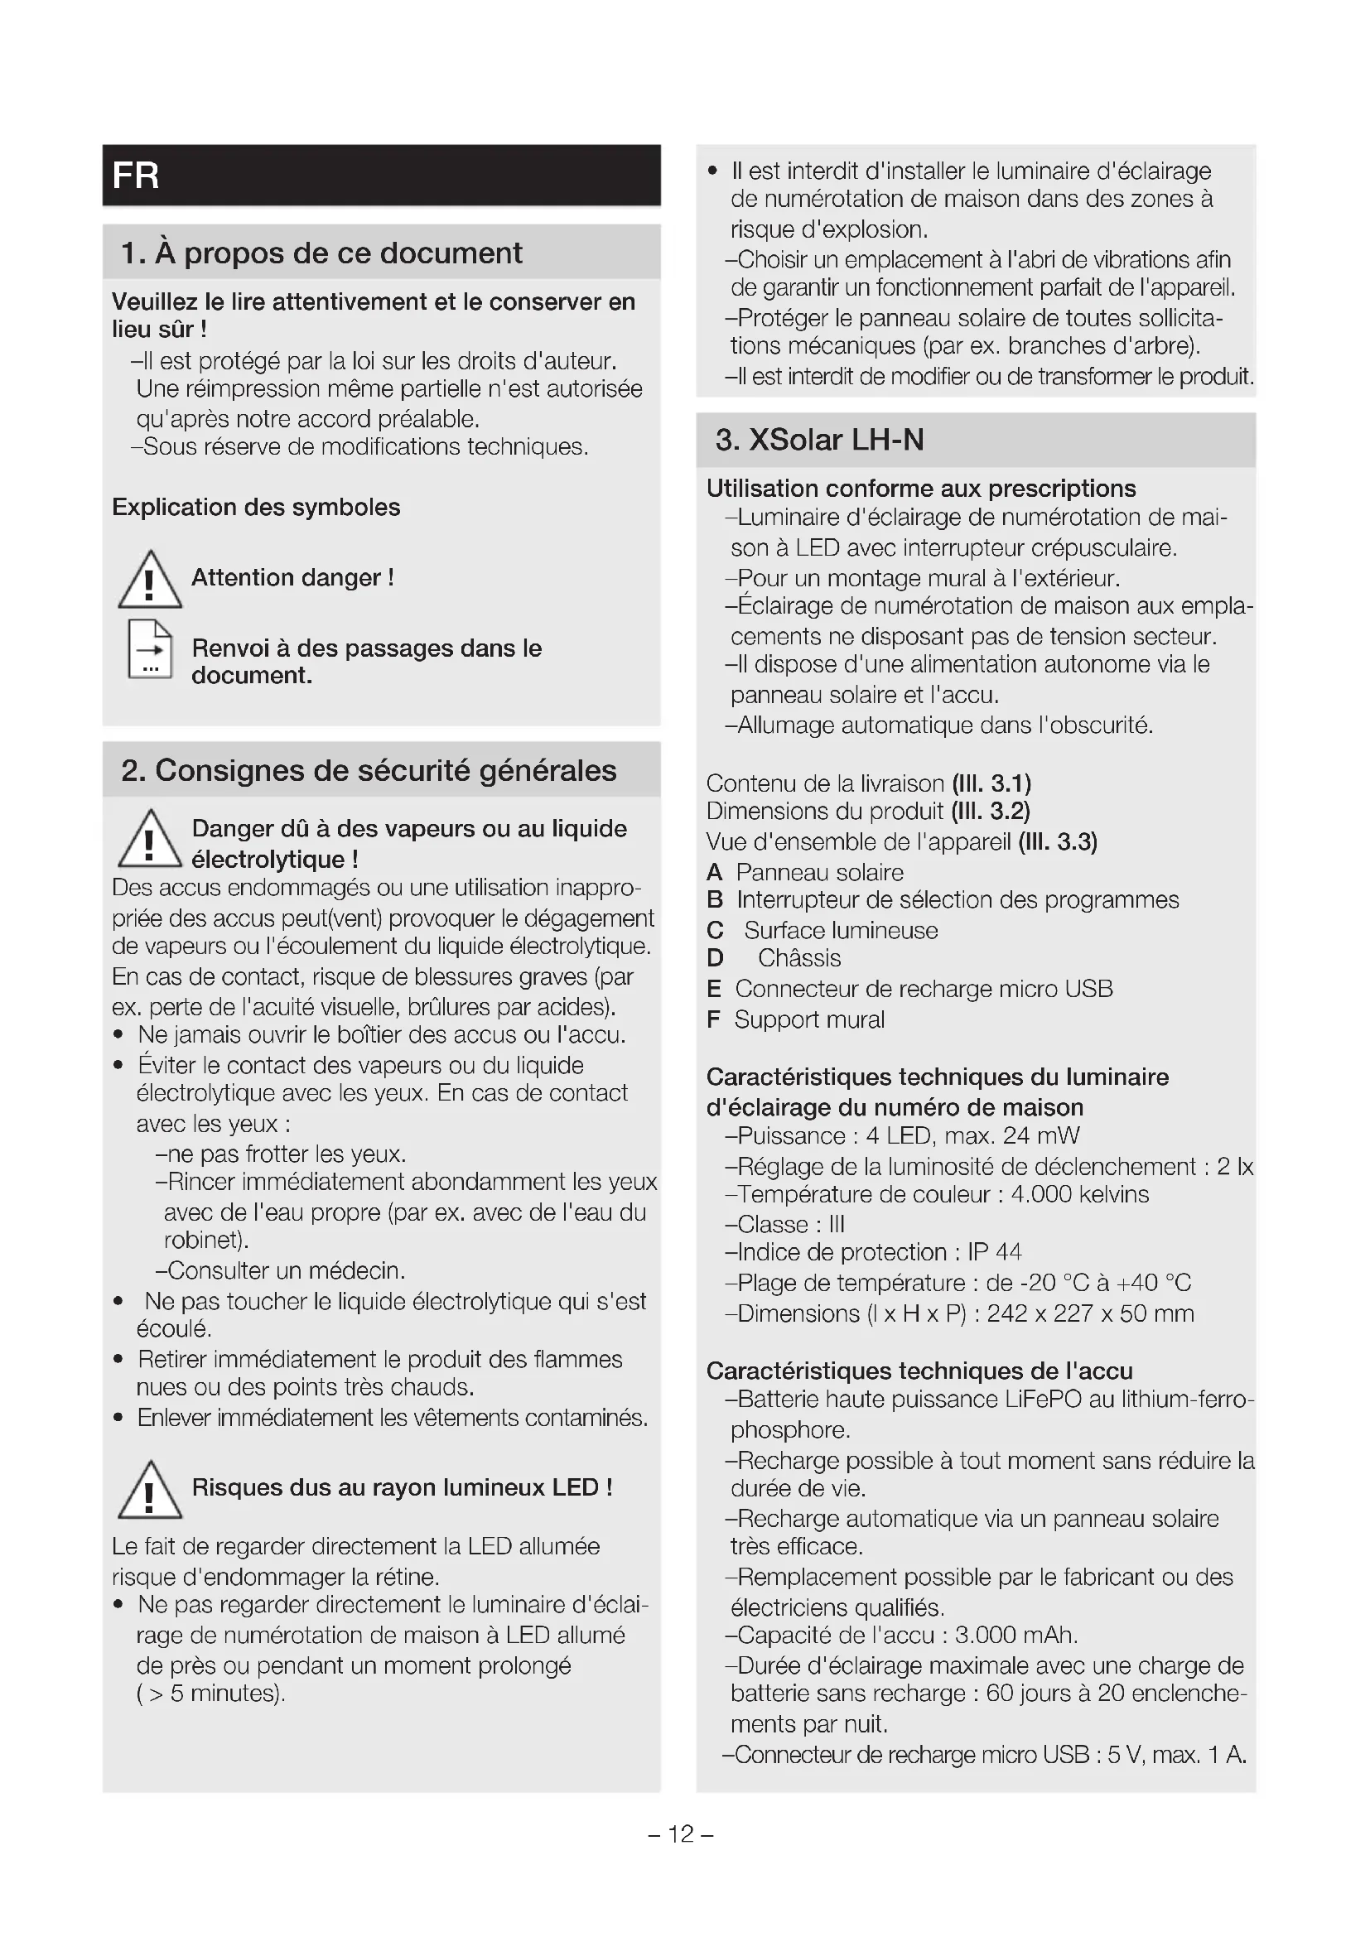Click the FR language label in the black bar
point(135,176)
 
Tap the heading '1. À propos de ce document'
point(321,253)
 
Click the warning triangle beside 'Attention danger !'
point(149,581)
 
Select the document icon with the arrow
point(150,649)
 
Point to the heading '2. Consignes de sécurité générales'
point(369,770)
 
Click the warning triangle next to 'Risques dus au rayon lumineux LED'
point(149,1490)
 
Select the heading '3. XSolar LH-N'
point(819,440)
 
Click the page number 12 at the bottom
point(681,1833)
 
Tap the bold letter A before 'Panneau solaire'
point(715,872)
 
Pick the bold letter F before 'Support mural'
point(714,1019)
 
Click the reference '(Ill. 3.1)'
point(991,783)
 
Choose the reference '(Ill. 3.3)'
point(1057,842)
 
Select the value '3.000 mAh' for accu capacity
point(1015,1635)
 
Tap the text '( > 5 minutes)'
point(211,1694)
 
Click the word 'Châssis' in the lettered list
point(798,958)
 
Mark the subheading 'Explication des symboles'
point(256,507)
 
